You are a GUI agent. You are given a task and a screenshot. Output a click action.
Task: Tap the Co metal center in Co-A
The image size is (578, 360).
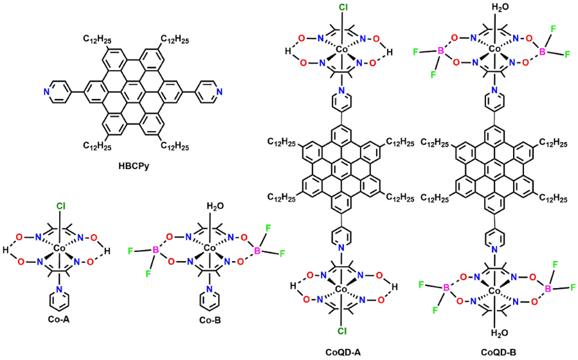59,248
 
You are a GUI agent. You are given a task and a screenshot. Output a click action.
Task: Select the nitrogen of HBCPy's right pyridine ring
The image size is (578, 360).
221,92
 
